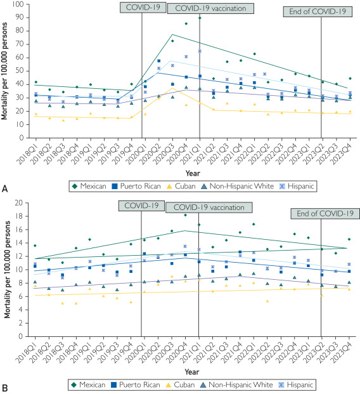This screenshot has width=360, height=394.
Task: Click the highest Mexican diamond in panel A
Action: click(x=200, y=18)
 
